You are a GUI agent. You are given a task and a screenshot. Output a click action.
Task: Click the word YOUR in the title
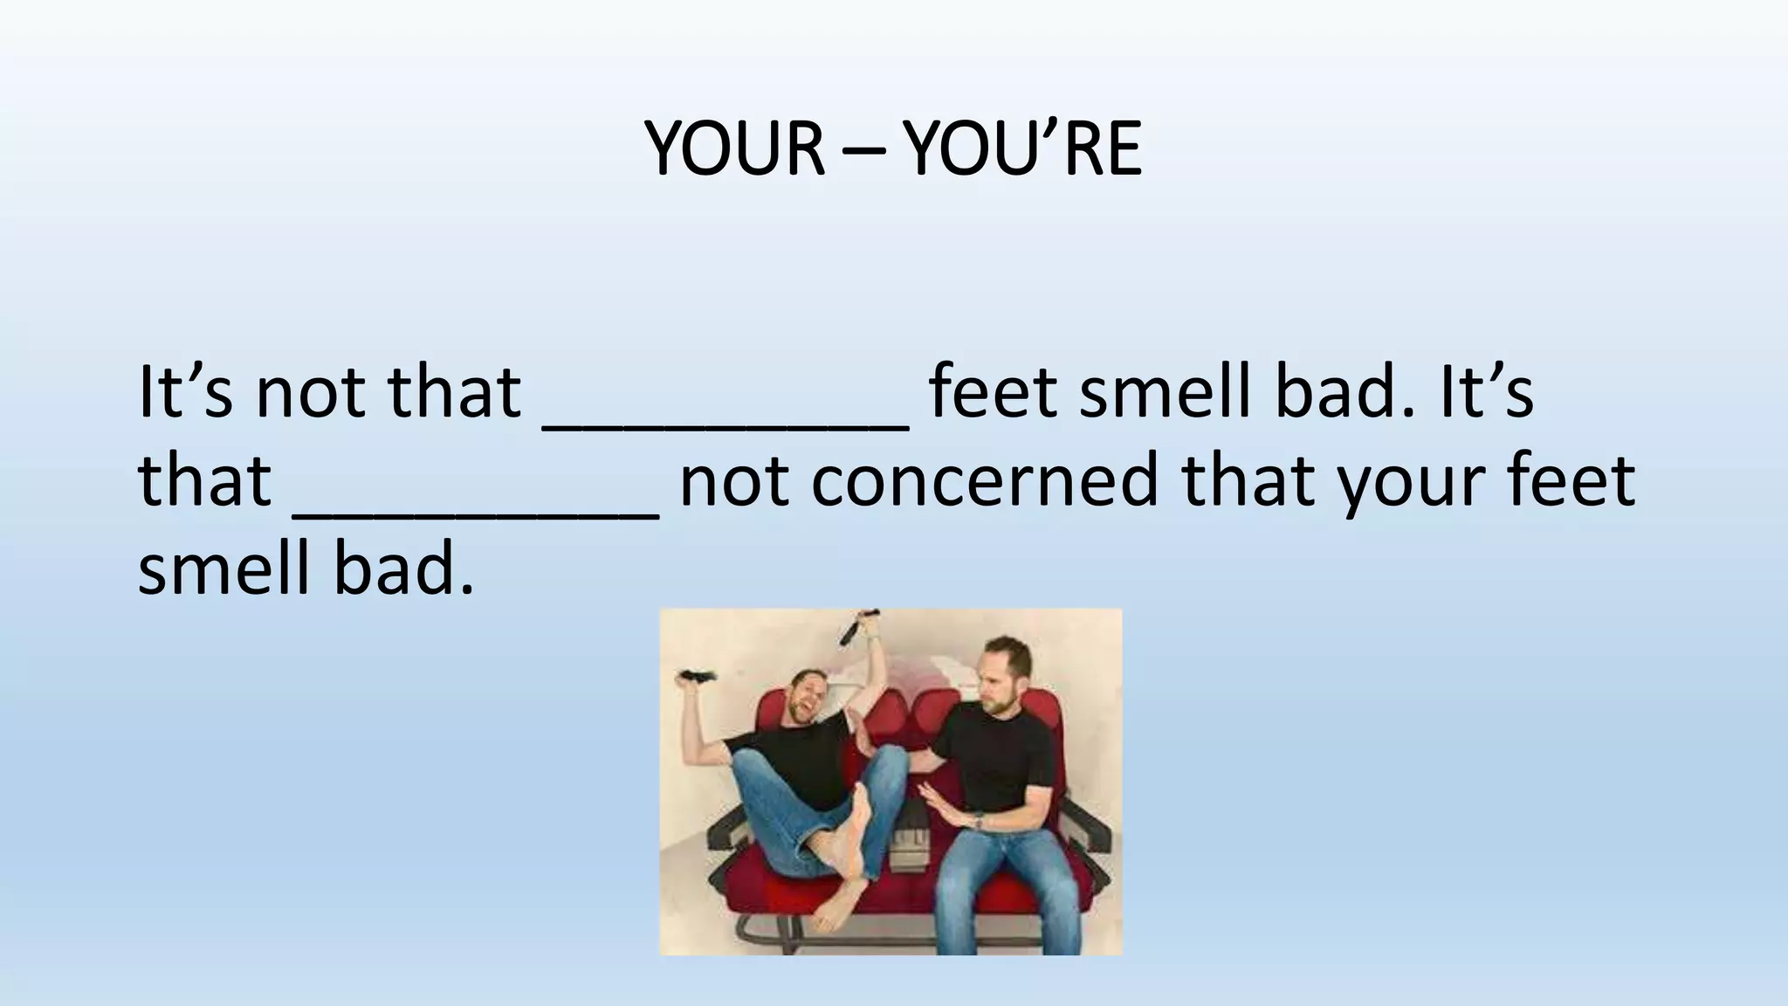pyautogui.click(x=735, y=148)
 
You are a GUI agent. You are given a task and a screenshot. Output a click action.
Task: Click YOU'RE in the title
pyautogui.click(x=1022, y=148)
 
